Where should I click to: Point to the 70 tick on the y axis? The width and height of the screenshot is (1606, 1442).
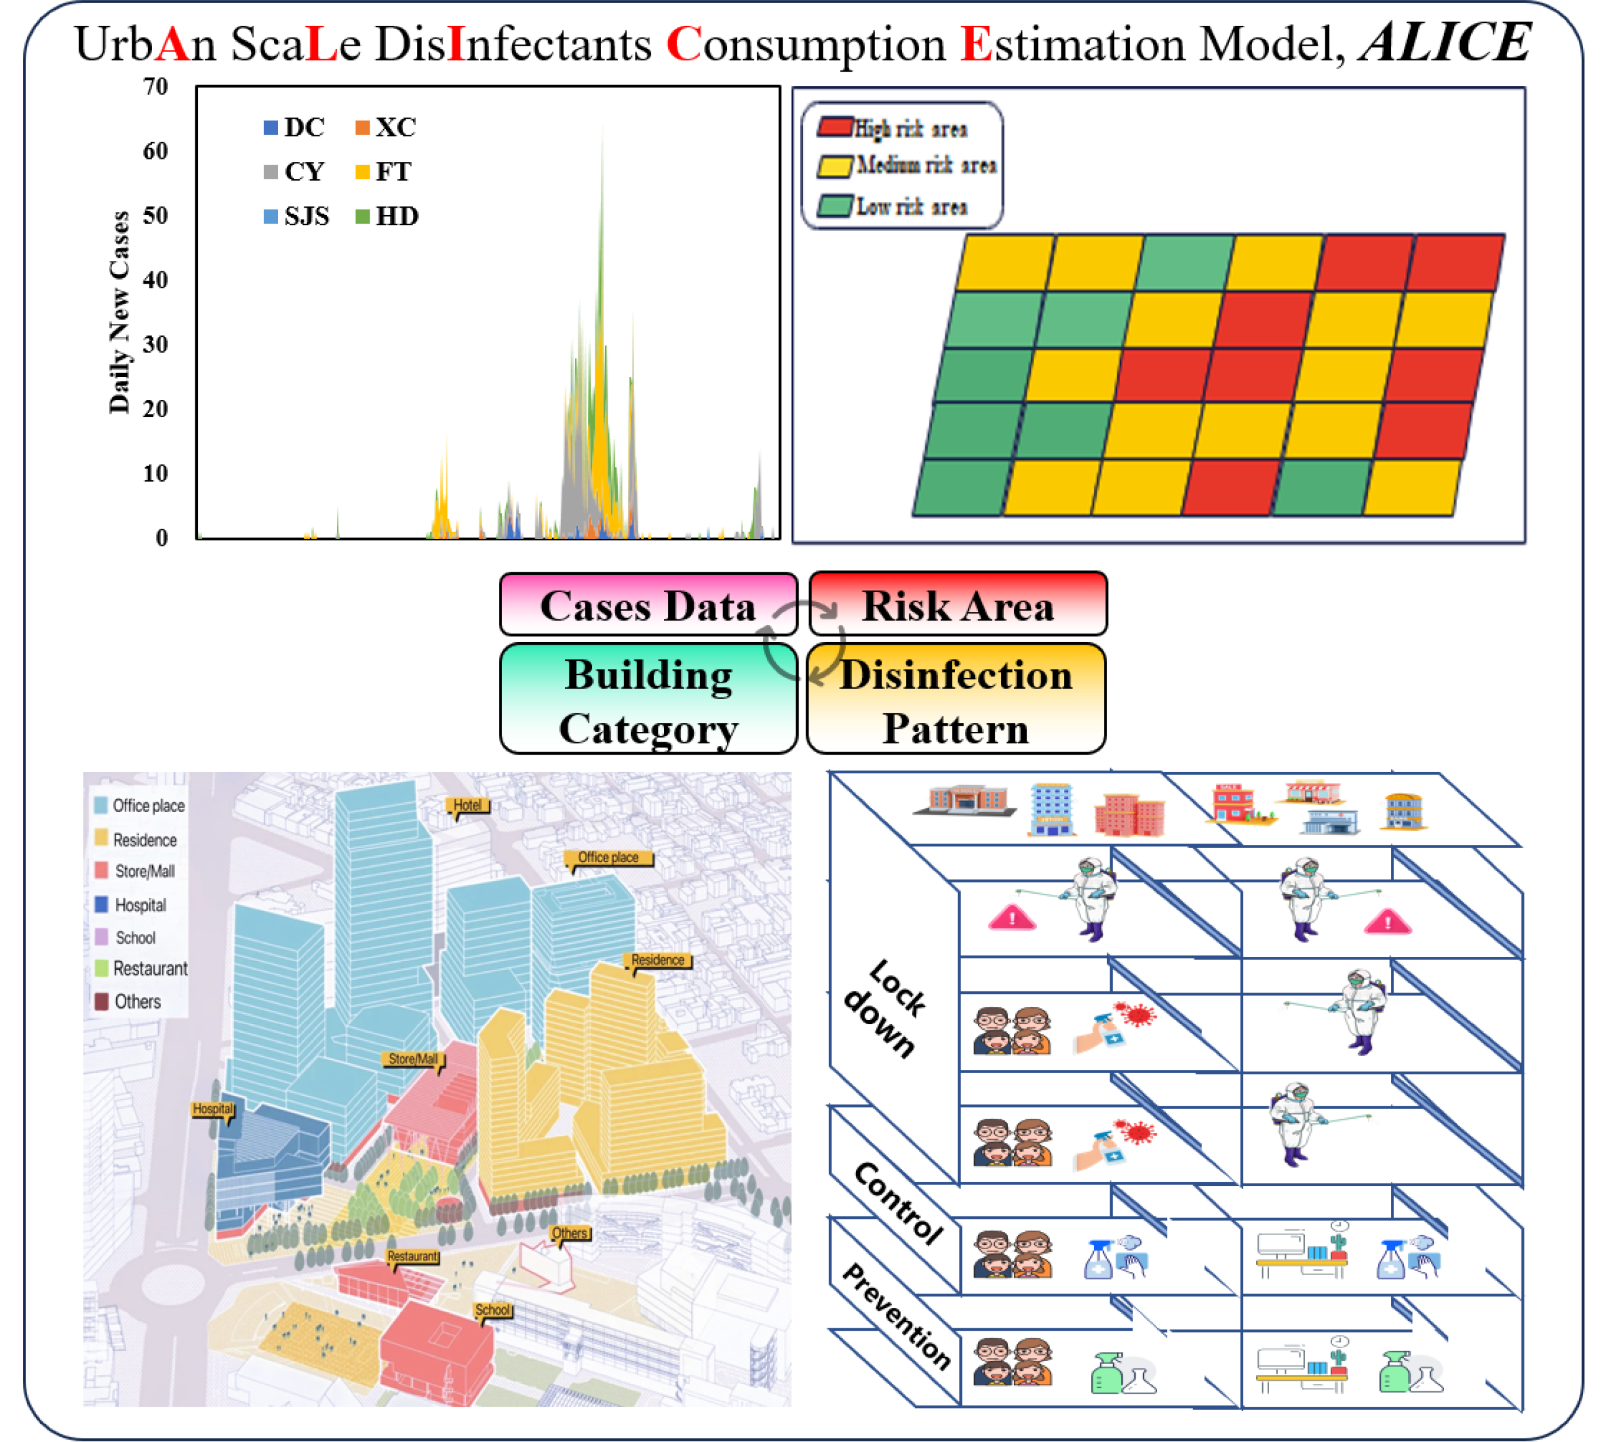pos(155,87)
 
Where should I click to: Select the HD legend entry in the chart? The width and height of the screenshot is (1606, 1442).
pos(388,216)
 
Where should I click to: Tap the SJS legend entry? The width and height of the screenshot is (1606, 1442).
pos(297,216)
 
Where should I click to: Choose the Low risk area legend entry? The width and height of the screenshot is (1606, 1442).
pos(895,207)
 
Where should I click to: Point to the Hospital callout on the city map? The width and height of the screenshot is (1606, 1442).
pos(213,1108)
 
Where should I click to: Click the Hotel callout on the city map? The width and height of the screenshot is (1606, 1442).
pos(467,805)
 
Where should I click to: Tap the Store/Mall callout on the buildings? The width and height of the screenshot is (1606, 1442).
pos(413,1059)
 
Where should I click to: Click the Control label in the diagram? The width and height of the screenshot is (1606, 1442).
pos(898,1203)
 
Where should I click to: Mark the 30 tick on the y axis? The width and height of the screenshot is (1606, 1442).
pos(155,345)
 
